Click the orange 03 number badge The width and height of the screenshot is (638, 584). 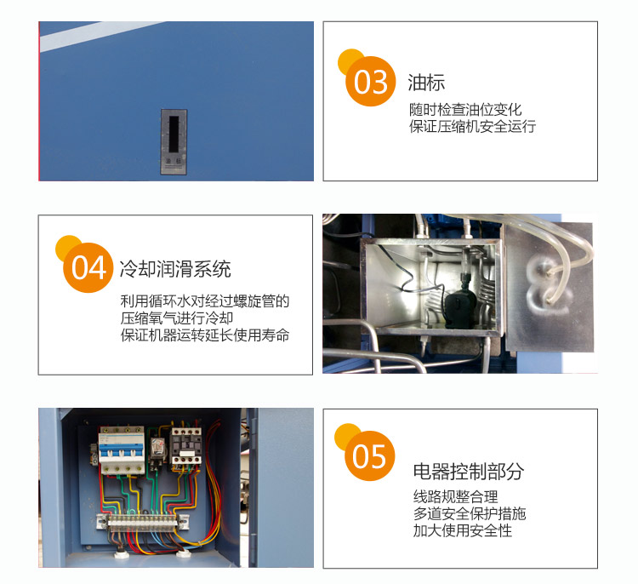(x=370, y=81)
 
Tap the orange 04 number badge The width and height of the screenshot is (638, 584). (x=88, y=267)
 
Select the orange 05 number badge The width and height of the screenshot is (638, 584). (x=369, y=455)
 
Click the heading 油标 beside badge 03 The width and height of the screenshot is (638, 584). (x=426, y=83)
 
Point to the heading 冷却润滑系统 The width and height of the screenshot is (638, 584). (x=175, y=269)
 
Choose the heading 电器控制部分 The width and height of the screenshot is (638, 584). (x=469, y=471)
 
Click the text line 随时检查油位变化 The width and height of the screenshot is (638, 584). (x=465, y=110)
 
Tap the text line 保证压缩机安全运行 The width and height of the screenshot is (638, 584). (x=472, y=126)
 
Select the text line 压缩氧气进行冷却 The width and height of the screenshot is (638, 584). (x=177, y=318)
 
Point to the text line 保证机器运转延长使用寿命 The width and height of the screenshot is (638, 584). (x=205, y=335)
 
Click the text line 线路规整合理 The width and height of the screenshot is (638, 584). (x=456, y=496)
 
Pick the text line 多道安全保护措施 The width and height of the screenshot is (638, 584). (x=470, y=513)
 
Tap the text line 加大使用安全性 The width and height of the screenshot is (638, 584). (x=463, y=530)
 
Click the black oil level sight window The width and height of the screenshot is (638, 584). (x=174, y=134)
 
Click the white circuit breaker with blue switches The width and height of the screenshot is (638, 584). (x=122, y=451)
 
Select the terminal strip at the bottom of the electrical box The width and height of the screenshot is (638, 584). (x=143, y=521)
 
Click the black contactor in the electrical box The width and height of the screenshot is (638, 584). (x=186, y=446)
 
